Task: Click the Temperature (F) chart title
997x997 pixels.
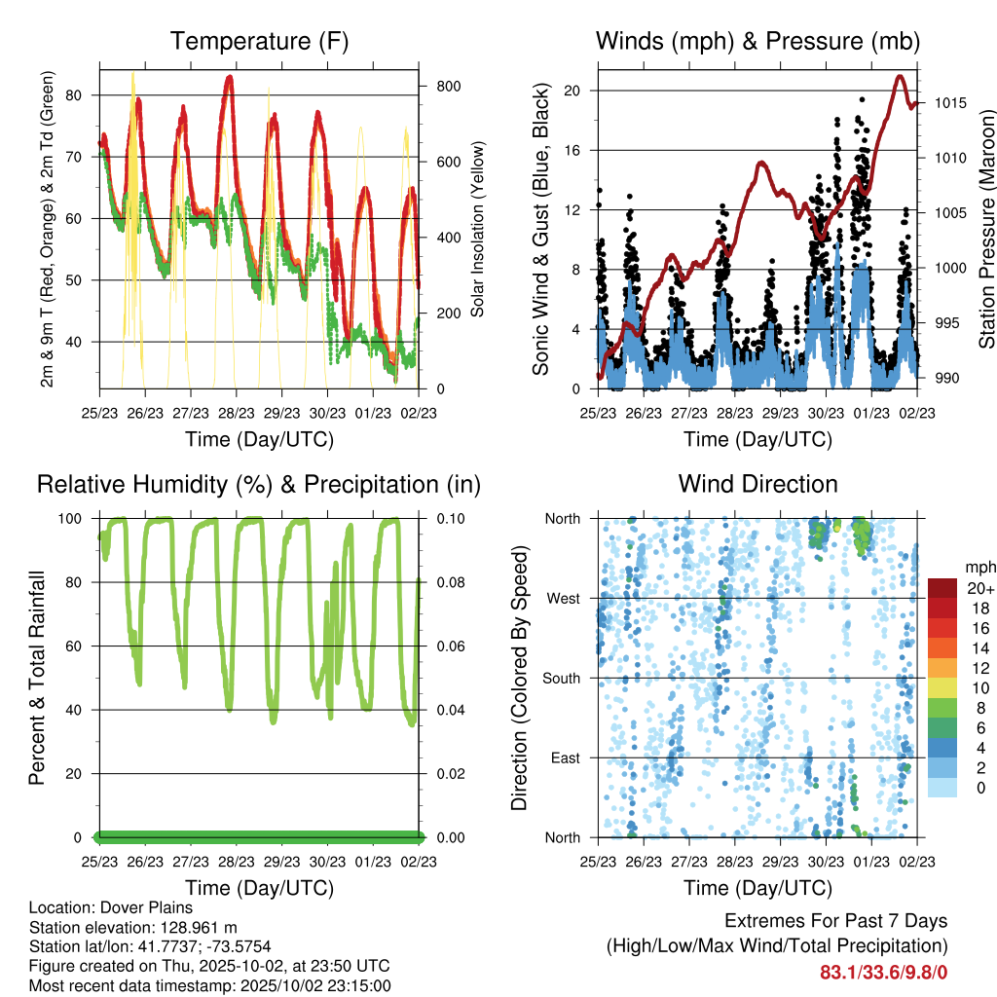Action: click(x=259, y=42)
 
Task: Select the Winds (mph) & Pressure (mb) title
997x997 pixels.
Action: click(x=757, y=42)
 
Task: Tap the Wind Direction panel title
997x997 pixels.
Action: click(x=757, y=484)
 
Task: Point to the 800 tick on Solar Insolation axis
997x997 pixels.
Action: click(x=448, y=86)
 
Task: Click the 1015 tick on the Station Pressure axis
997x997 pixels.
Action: click(x=948, y=103)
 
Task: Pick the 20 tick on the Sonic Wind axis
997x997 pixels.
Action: click(x=572, y=91)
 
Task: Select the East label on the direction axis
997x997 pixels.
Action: click(x=564, y=757)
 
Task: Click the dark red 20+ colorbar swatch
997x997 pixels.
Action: click(x=942, y=588)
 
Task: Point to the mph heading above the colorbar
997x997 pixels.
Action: click(x=979, y=567)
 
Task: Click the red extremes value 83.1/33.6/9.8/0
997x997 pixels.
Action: click(x=884, y=972)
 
